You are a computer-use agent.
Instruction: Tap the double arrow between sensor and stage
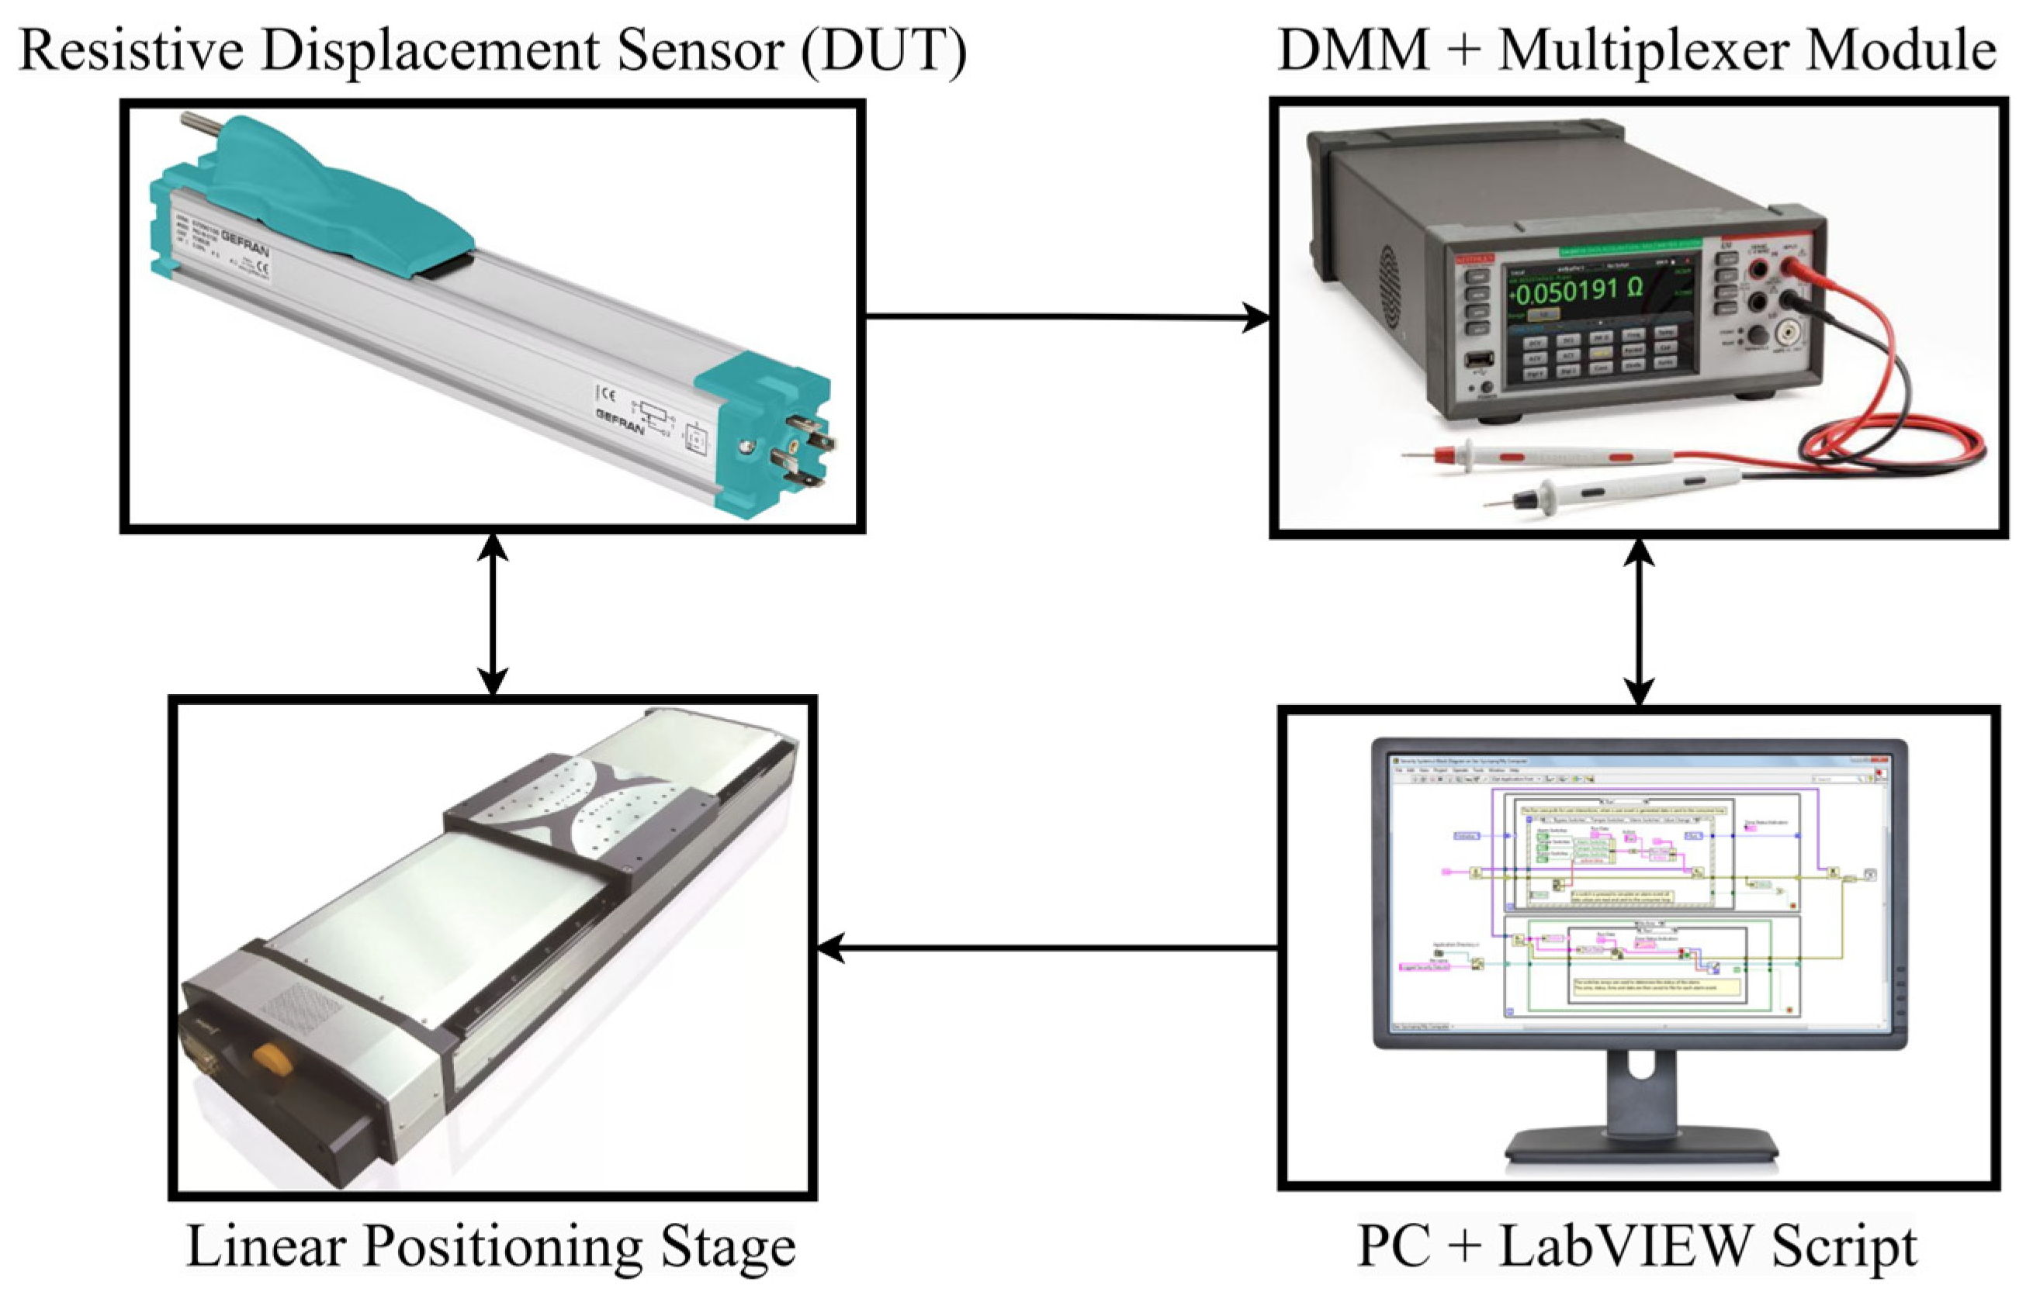coord(492,614)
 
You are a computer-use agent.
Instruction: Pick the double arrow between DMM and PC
coord(1639,622)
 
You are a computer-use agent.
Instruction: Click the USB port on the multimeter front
coord(1478,361)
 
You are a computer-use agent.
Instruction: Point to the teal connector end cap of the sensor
coord(761,437)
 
